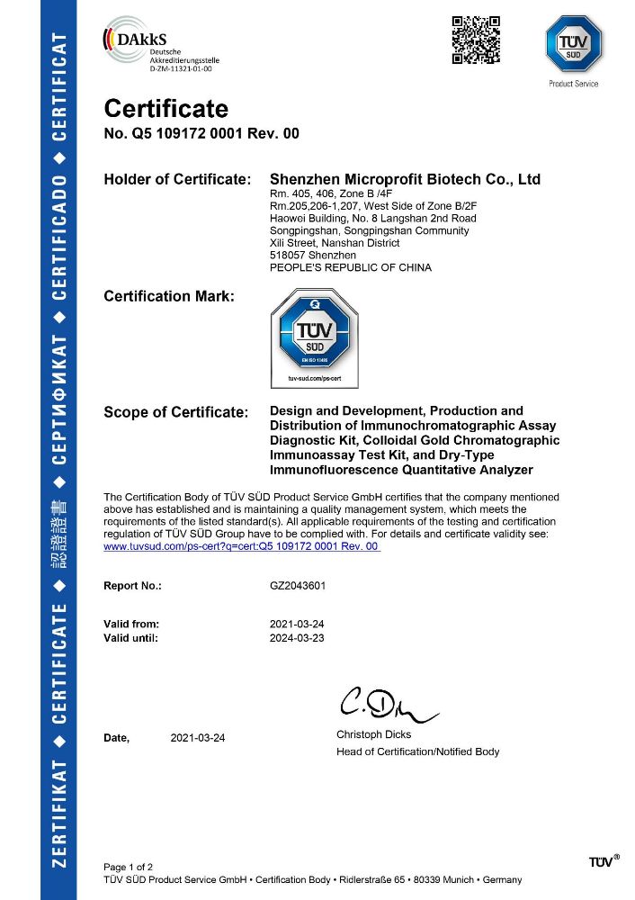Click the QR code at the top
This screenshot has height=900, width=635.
476,40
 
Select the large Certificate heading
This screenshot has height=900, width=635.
166,109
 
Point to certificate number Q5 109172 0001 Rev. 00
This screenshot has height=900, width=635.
202,134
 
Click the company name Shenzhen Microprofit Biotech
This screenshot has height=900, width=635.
406,180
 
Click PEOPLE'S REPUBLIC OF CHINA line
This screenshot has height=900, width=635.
351,267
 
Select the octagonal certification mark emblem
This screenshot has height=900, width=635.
315,336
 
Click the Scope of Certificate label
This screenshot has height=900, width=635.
175,412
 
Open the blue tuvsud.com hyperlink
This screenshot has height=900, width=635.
242,546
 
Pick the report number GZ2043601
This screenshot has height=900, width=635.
298,585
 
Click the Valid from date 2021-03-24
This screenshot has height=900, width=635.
298,624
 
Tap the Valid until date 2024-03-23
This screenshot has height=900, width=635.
298,637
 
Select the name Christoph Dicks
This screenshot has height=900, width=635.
373,734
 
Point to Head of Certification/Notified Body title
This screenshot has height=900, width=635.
417,751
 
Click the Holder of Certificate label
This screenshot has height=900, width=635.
177,180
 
